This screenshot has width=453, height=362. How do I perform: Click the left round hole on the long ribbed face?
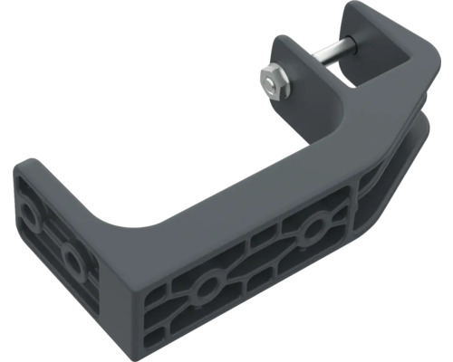click(x=207, y=288)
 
